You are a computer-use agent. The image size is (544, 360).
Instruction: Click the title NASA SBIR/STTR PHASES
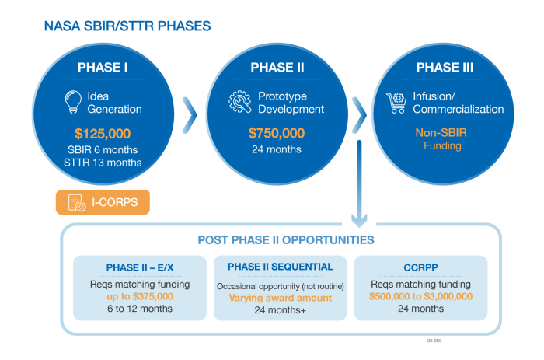[127, 26]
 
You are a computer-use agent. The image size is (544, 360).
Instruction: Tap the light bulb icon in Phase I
[74, 102]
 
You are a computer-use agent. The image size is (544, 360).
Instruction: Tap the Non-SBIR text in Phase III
[442, 132]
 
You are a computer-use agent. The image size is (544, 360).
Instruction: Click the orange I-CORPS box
[103, 202]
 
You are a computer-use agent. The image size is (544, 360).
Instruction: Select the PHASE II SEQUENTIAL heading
[281, 267]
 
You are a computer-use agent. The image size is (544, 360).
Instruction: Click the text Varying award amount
[281, 298]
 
